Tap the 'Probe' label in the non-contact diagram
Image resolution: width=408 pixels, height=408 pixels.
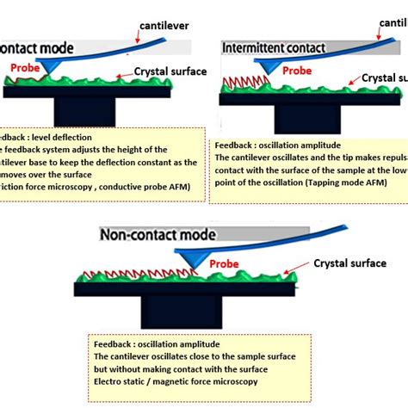[x=226, y=263]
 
